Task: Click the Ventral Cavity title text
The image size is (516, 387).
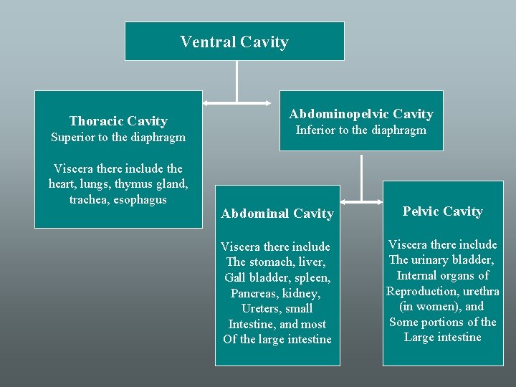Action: pyautogui.click(x=234, y=42)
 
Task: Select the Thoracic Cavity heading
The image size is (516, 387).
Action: pyautogui.click(x=118, y=121)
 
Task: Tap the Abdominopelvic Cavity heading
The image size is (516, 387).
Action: pyautogui.click(x=361, y=114)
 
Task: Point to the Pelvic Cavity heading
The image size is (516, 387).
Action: pyautogui.click(x=442, y=211)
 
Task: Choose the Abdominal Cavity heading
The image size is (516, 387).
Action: pyautogui.click(x=277, y=214)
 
